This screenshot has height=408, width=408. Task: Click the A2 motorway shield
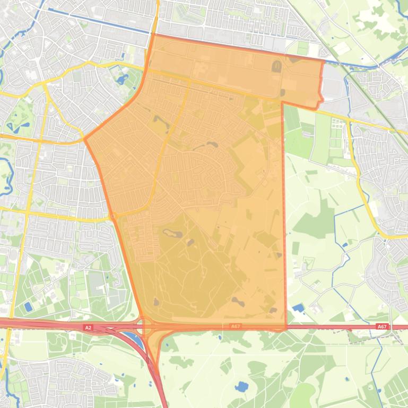coord(88,328)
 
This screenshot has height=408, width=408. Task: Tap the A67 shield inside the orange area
coord(236,326)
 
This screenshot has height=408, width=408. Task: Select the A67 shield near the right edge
coord(381,327)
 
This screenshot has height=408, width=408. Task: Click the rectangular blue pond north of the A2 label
coord(28,307)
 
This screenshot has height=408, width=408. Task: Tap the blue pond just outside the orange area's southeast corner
coord(298,307)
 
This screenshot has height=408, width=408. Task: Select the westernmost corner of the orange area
coord(85,140)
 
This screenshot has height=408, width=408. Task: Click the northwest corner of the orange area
coord(154,35)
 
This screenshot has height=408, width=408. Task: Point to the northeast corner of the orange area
coord(323,61)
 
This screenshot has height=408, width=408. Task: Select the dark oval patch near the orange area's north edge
coord(276,67)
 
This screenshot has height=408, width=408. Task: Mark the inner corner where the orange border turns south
coord(282,102)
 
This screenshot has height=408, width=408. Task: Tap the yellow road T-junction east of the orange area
coord(348,121)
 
